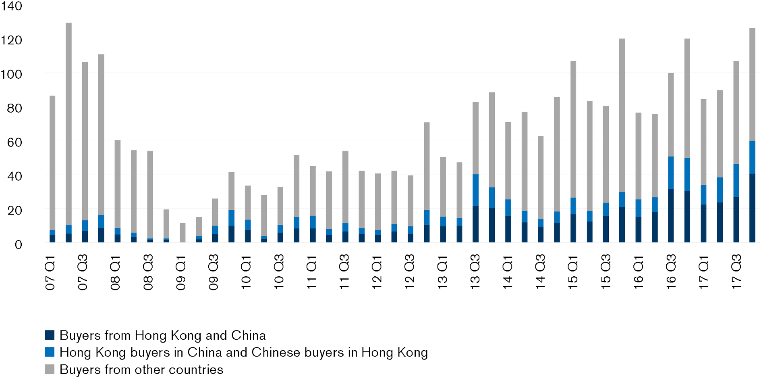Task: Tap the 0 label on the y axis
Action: (x=18, y=244)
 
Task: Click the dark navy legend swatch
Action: (x=50, y=335)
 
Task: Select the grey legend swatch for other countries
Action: (x=50, y=370)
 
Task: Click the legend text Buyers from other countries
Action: (x=141, y=370)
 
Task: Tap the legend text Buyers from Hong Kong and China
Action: (x=162, y=335)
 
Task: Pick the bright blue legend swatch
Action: (x=50, y=353)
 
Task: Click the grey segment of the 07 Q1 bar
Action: (x=52, y=161)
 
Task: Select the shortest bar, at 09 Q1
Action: (x=182, y=232)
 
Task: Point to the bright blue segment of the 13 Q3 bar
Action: (x=475, y=190)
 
